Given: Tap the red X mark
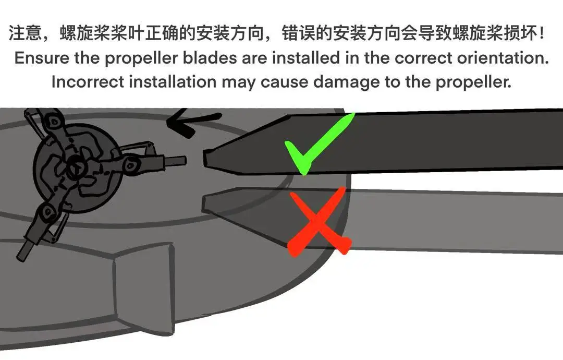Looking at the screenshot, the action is point(318,221).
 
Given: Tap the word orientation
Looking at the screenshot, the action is point(503,58).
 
